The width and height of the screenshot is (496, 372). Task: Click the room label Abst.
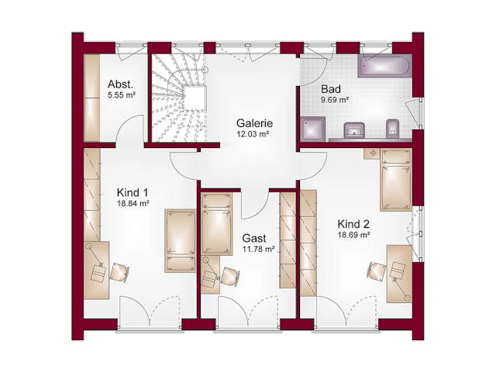(120, 84)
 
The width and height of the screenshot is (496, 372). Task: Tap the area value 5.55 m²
(122, 95)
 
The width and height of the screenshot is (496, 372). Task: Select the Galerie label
(254, 123)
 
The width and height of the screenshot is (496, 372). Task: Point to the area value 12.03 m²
(253, 134)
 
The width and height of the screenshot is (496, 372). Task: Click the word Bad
(331, 89)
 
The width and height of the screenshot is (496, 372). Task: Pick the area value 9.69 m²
(335, 100)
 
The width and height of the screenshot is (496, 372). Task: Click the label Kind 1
(133, 193)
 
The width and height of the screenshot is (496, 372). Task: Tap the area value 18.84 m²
(133, 203)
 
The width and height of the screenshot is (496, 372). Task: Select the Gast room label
(254, 238)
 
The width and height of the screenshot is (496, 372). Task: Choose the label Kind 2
(353, 224)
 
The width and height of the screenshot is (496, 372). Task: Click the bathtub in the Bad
(385, 66)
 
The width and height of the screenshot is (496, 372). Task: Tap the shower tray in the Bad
(313, 129)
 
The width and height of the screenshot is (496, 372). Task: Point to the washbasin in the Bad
(354, 130)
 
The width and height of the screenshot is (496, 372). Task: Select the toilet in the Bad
(393, 129)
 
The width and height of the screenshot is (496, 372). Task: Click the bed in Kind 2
(396, 180)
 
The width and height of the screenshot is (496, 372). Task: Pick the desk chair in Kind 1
(119, 272)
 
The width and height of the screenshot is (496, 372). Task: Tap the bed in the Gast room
(217, 224)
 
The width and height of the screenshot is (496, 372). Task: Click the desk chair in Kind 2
(377, 270)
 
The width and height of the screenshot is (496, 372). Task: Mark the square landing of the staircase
(195, 98)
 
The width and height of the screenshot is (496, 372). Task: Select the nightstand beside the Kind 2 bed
(371, 154)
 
